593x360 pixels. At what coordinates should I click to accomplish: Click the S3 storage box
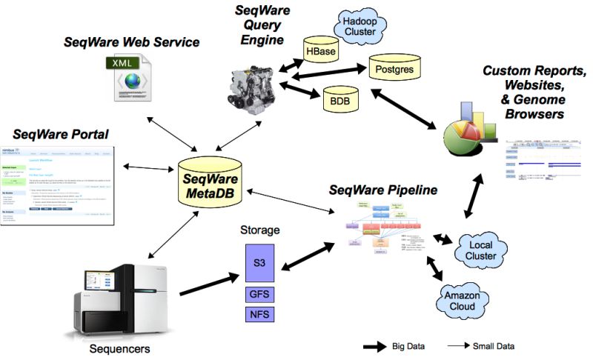[x=259, y=262]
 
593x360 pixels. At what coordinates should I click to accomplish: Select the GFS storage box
[x=259, y=294]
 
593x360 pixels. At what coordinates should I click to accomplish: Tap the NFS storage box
[x=259, y=316]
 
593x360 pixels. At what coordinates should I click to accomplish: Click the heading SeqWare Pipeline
[x=382, y=190]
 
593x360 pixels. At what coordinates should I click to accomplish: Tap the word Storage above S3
[x=259, y=230]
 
